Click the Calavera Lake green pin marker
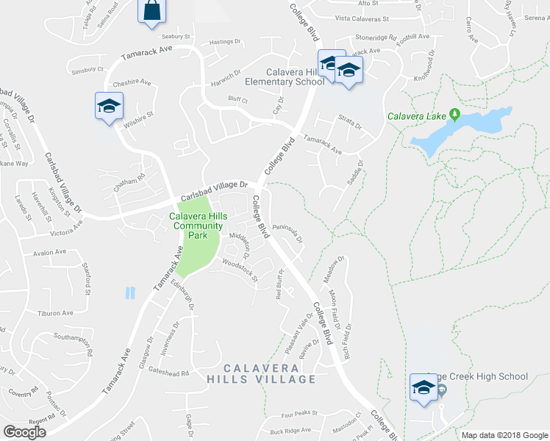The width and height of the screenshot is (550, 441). click(x=454, y=115)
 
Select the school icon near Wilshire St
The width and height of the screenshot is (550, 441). click(x=109, y=106)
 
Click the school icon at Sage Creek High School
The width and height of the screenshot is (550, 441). click(x=424, y=387)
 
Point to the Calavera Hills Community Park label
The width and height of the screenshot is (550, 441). click(x=196, y=221)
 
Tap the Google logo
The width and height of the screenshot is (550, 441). click(x=26, y=432)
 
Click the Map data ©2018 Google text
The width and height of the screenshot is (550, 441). click(x=504, y=435)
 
